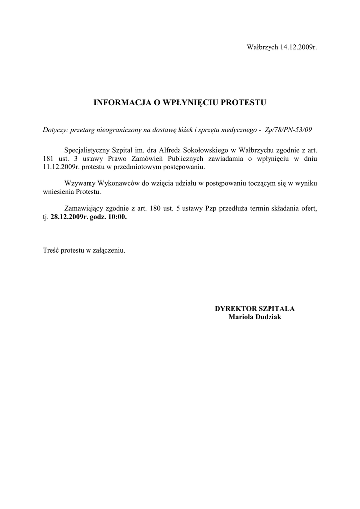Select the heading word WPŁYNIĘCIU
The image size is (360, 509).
coord(193,103)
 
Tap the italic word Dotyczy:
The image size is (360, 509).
coord(56,130)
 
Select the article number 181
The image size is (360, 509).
coord(48,158)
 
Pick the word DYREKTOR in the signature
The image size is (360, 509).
coord(234,309)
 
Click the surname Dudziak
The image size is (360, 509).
coord(268,317)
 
